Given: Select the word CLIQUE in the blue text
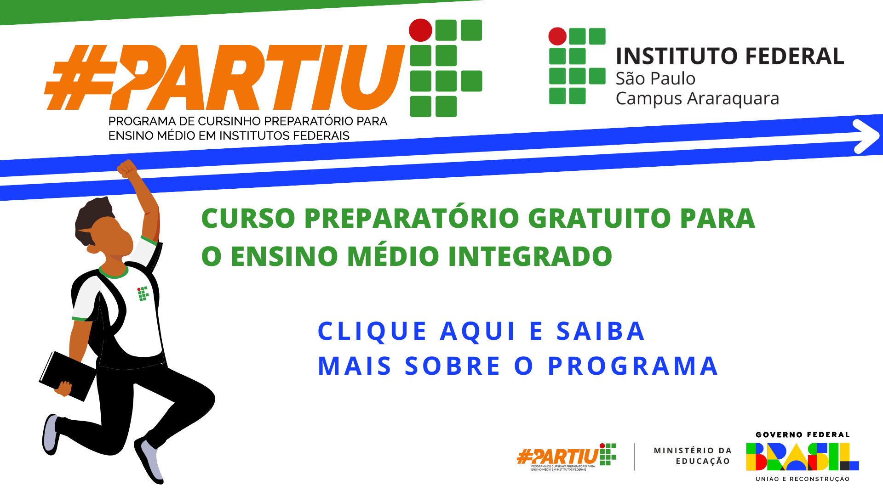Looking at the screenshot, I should coord(373,331).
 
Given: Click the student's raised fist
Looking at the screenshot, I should coord(127,169).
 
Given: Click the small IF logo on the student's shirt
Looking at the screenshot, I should coord(143,294).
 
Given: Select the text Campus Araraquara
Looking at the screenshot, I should coord(697,99).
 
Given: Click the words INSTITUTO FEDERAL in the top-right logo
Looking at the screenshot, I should coord(730,56).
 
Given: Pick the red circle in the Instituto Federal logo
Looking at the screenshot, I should coord(557,36).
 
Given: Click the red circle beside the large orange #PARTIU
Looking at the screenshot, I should coord(420,30).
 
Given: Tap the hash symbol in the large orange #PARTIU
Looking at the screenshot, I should coord(78,78).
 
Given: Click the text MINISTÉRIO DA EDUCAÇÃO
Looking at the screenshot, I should coord(693,456).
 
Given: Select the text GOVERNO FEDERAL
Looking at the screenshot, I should coord(803,434).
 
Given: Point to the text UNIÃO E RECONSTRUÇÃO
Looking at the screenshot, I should coord(803,479).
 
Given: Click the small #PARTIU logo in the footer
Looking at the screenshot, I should coord(566,457).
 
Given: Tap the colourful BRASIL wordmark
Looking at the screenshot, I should coord(803,457).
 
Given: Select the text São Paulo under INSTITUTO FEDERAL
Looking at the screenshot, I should coord(655,79).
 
